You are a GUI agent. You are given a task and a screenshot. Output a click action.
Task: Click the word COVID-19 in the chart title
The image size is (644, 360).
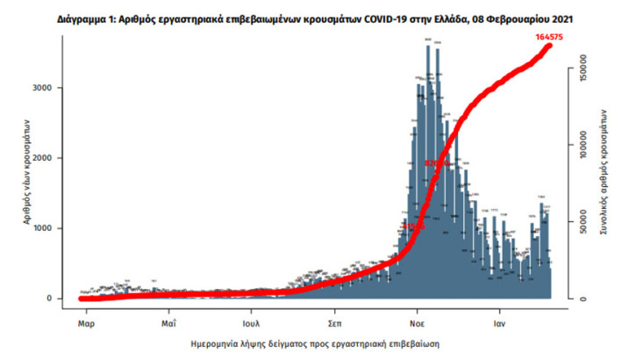coord(370,17)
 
